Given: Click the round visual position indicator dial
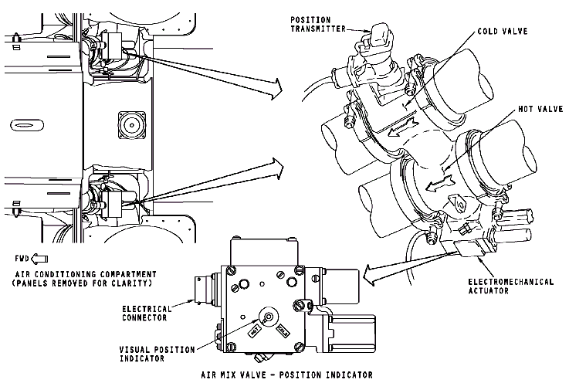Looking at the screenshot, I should (268, 315).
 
